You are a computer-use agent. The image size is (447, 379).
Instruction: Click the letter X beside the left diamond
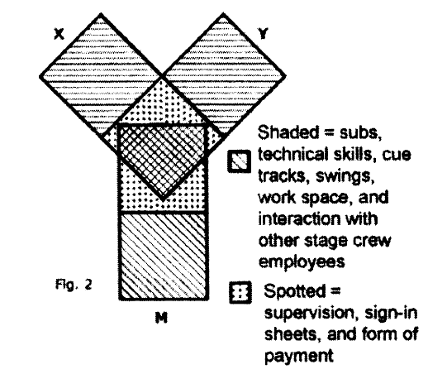click(59, 35)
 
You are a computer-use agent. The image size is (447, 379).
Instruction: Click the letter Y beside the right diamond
click(263, 33)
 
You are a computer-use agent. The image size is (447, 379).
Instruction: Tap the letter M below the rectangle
click(161, 318)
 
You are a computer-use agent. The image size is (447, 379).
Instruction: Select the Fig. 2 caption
click(74, 285)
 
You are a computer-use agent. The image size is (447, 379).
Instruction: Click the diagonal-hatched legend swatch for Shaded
click(240, 161)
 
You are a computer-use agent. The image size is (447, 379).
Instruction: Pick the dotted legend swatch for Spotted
click(240, 292)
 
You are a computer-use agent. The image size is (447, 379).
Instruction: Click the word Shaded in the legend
click(288, 132)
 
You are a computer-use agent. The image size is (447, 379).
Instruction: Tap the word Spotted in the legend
click(294, 291)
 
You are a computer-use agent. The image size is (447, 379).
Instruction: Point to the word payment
click(299, 356)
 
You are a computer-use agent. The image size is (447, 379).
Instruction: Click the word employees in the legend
click(302, 261)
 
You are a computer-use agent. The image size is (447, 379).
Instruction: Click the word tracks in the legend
click(282, 176)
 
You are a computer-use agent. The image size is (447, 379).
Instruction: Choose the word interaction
click(299, 219)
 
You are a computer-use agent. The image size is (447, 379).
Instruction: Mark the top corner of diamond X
click(101, 14)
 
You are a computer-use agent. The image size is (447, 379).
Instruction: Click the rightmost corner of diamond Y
click(285, 75)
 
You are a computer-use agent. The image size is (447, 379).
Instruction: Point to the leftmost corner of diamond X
click(40, 76)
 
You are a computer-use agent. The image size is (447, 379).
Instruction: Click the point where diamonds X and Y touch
click(162, 75)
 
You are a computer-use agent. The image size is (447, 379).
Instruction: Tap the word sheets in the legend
click(291, 334)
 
